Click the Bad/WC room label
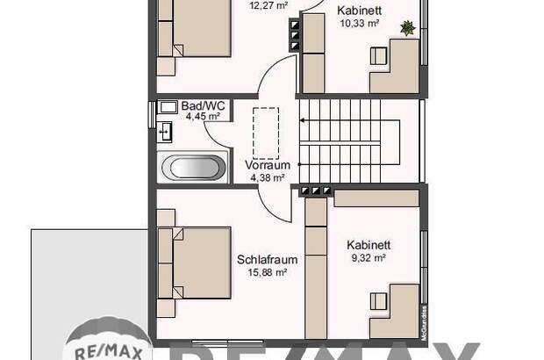(x=204, y=106)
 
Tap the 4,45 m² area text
(x=204, y=117)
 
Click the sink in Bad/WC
(x=167, y=133)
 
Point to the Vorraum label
(x=267, y=165)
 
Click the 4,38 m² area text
(x=267, y=176)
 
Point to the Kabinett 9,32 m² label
(x=368, y=245)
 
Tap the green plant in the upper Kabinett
(x=407, y=28)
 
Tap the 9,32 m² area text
(x=368, y=257)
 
